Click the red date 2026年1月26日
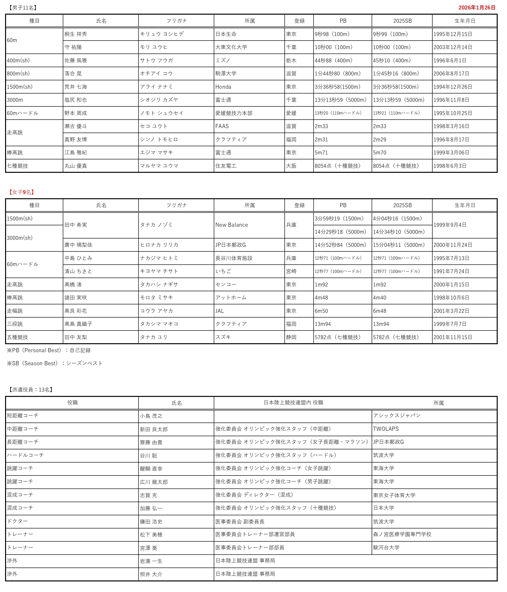477,8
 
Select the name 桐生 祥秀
75,34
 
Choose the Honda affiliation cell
223,87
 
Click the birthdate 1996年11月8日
451,100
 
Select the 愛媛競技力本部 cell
234,113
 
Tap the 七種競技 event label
17,166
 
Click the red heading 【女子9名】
22,192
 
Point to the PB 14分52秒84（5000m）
340,245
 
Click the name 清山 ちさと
78,271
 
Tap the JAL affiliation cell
220,311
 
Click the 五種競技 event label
17,337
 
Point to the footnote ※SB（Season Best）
55,363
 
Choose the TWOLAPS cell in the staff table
386,429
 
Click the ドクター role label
17,521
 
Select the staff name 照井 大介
151,574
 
